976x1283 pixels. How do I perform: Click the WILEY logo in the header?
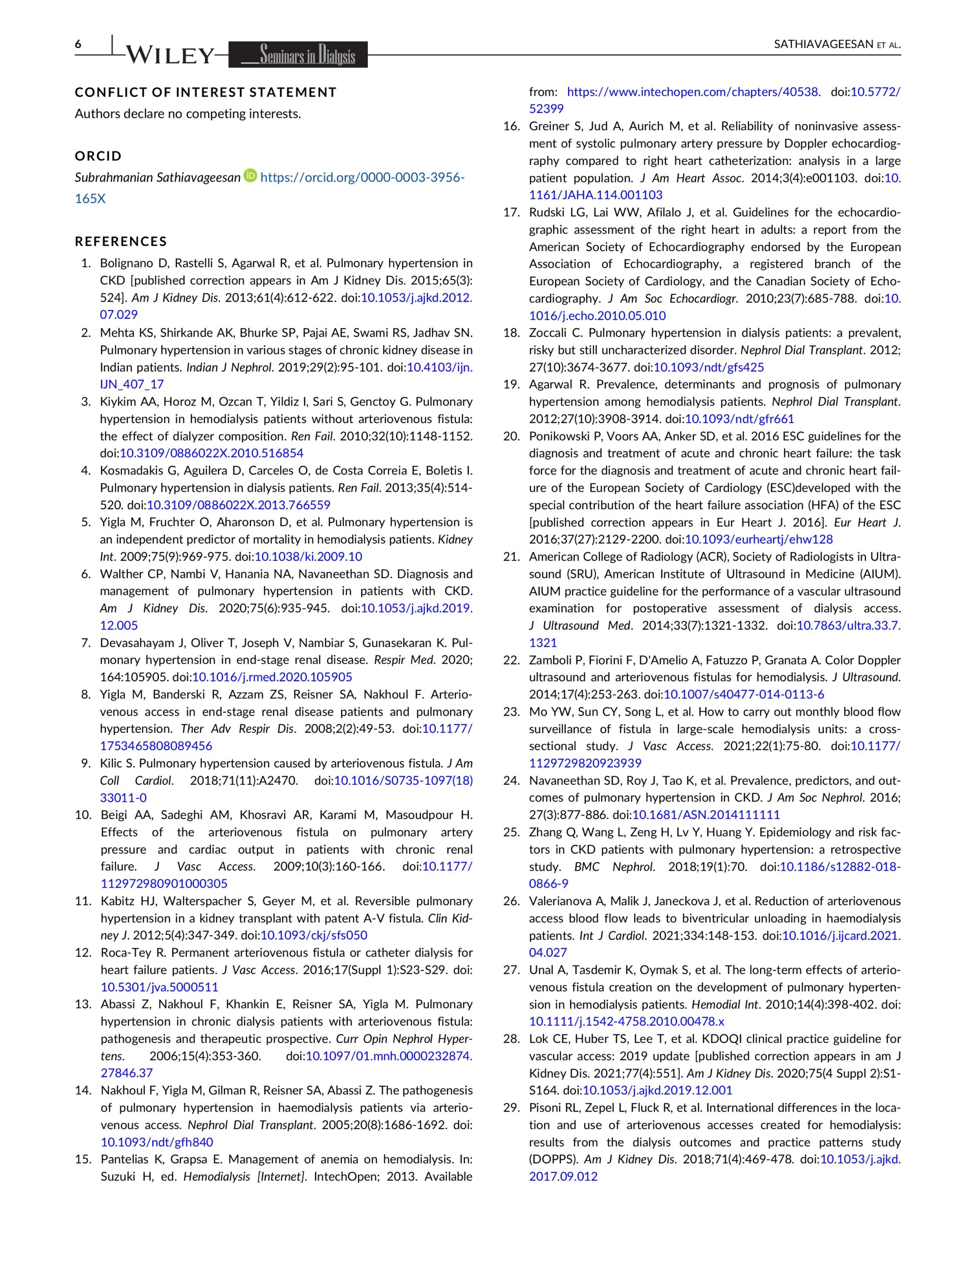point(170,55)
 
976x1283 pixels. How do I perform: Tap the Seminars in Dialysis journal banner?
point(298,55)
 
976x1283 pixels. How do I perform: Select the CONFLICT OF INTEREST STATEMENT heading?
point(205,92)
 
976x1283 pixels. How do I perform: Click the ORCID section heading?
point(98,156)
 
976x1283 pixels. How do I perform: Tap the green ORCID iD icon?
point(251,175)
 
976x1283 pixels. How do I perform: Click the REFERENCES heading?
point(121,242)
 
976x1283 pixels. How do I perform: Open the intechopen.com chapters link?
point(692,92)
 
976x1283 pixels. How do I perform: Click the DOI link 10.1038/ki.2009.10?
point(309,557)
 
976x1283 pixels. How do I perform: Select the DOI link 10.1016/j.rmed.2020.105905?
point(272,677)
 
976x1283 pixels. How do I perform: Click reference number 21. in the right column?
point(511,557)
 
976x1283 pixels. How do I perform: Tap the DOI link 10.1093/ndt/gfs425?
point(709,367)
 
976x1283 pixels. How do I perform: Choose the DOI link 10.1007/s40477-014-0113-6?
point(744,695)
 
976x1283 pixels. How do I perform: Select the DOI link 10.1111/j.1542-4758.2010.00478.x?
point(626,1021)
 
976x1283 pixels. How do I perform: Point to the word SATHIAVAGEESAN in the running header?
point(824,45)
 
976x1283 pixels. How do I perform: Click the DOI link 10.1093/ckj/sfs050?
point(314,936)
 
